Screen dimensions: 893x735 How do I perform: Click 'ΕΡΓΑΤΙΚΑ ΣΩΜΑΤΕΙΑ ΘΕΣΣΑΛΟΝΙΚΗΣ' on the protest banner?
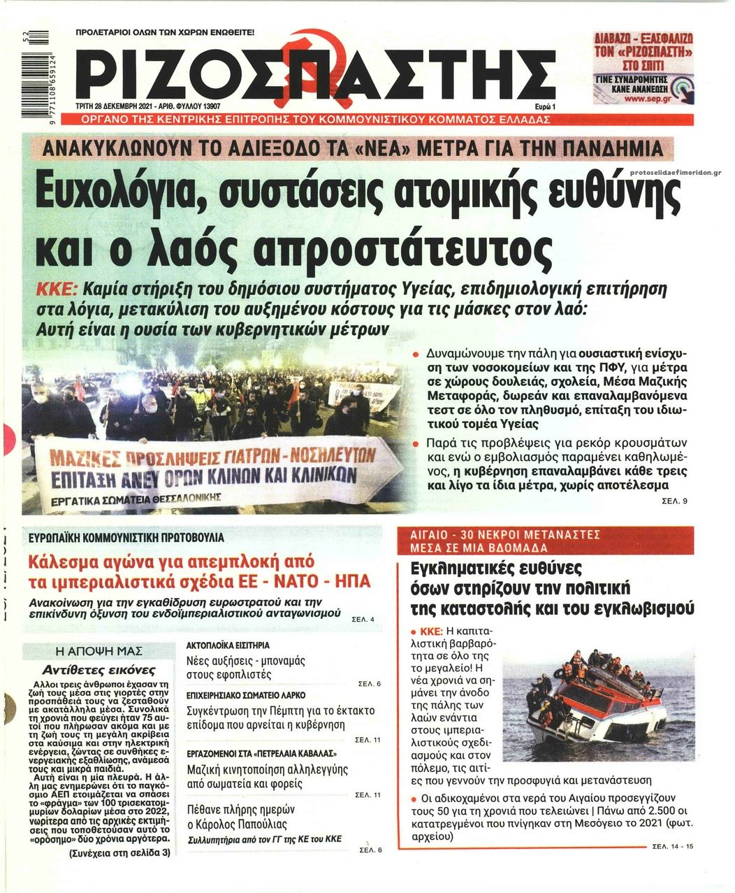[x=136, y=499]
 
